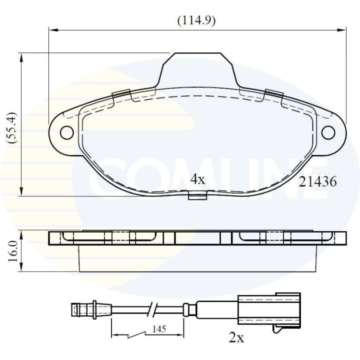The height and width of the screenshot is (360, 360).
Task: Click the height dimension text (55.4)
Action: pos(13,128)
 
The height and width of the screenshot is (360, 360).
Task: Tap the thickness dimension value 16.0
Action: pos(13,250)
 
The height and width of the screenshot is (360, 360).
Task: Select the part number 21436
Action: pos(317,182)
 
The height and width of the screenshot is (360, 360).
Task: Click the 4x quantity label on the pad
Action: pos(198,179)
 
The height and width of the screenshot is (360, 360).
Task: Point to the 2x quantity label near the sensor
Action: pos(235,338)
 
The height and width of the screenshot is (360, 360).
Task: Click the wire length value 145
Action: pos(159,329)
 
